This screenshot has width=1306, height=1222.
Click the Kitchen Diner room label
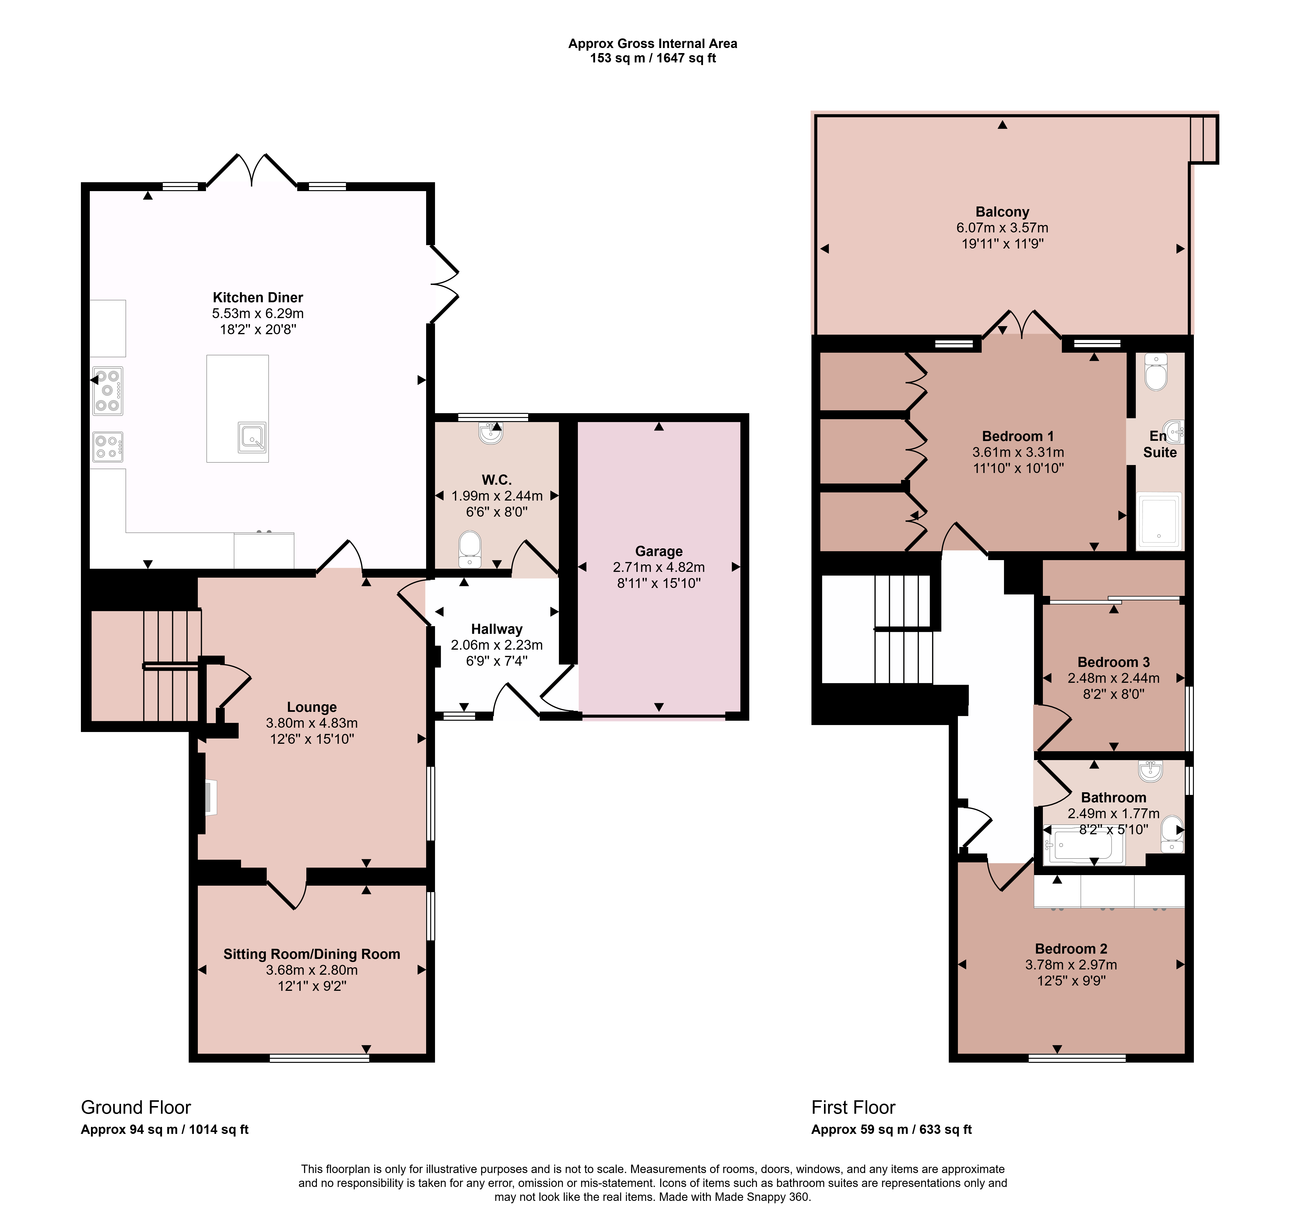(x=258, y=298)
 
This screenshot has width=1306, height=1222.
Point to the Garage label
(x=659, y=551)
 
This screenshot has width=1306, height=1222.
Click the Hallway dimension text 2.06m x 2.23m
(x=497, y=645)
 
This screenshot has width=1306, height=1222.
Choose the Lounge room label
(x=312, y=707)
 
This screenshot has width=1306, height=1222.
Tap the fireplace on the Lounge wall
(x=210, y=798)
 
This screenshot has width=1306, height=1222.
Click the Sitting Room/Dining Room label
(x=312, y=954)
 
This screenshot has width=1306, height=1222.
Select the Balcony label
(x=1003, y=212)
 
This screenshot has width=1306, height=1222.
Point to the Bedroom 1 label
(x=1018, y=436)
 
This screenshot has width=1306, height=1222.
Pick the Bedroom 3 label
(x=1114, y=662)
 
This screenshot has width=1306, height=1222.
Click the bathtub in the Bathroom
(x=1084, y=846)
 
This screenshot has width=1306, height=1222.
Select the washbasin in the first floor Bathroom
(x=1151, y=771)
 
